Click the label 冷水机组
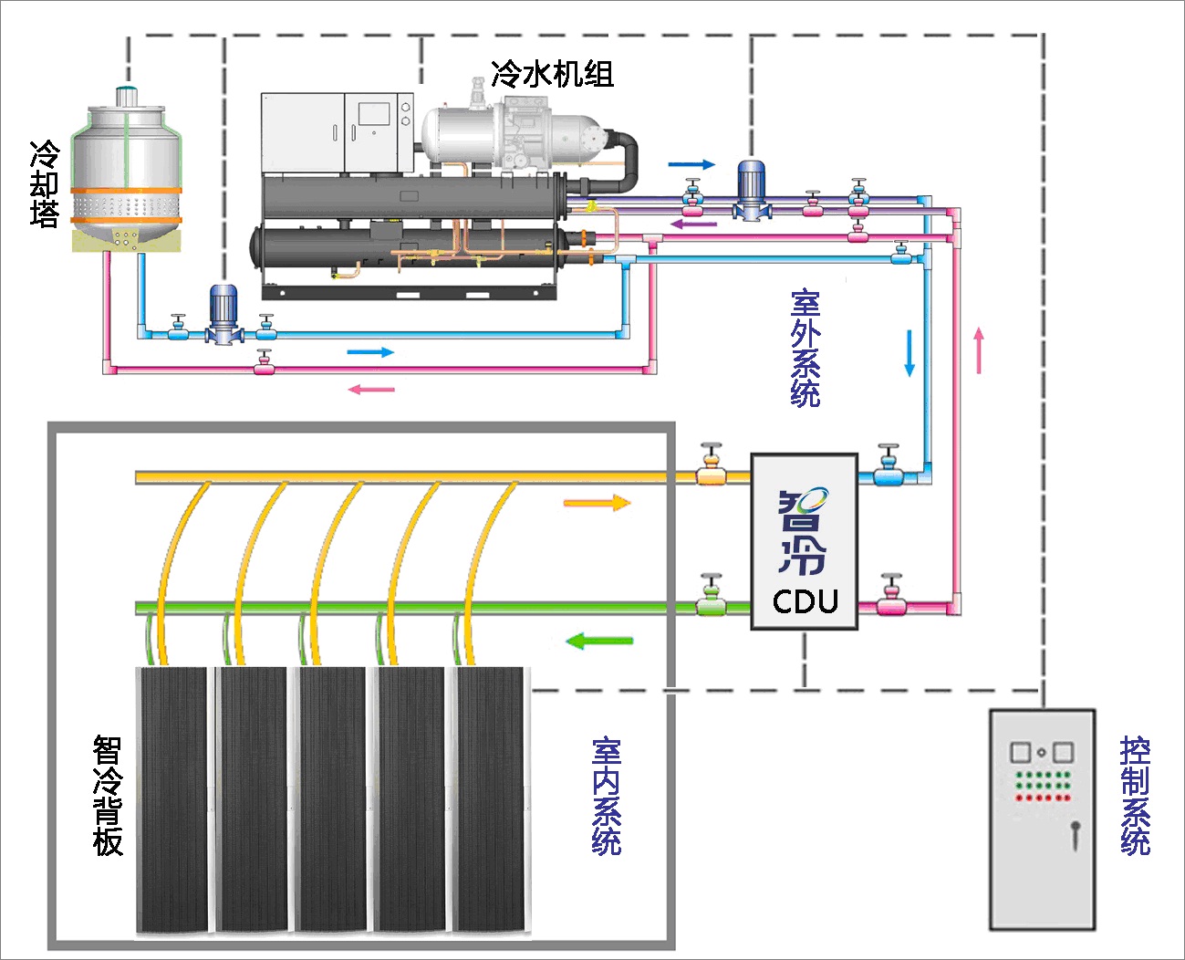552,74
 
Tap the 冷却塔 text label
44,183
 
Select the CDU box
804,542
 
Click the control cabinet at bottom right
1042,819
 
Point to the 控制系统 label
1135,796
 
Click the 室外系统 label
806,348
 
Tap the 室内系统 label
607,796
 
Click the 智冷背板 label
108,796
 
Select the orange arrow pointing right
597,503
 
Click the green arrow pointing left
599,641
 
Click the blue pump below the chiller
223,315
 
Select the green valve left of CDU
711,599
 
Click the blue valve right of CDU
888,469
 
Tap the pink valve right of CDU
890,599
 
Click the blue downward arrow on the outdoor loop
909,353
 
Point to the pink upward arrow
979,350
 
